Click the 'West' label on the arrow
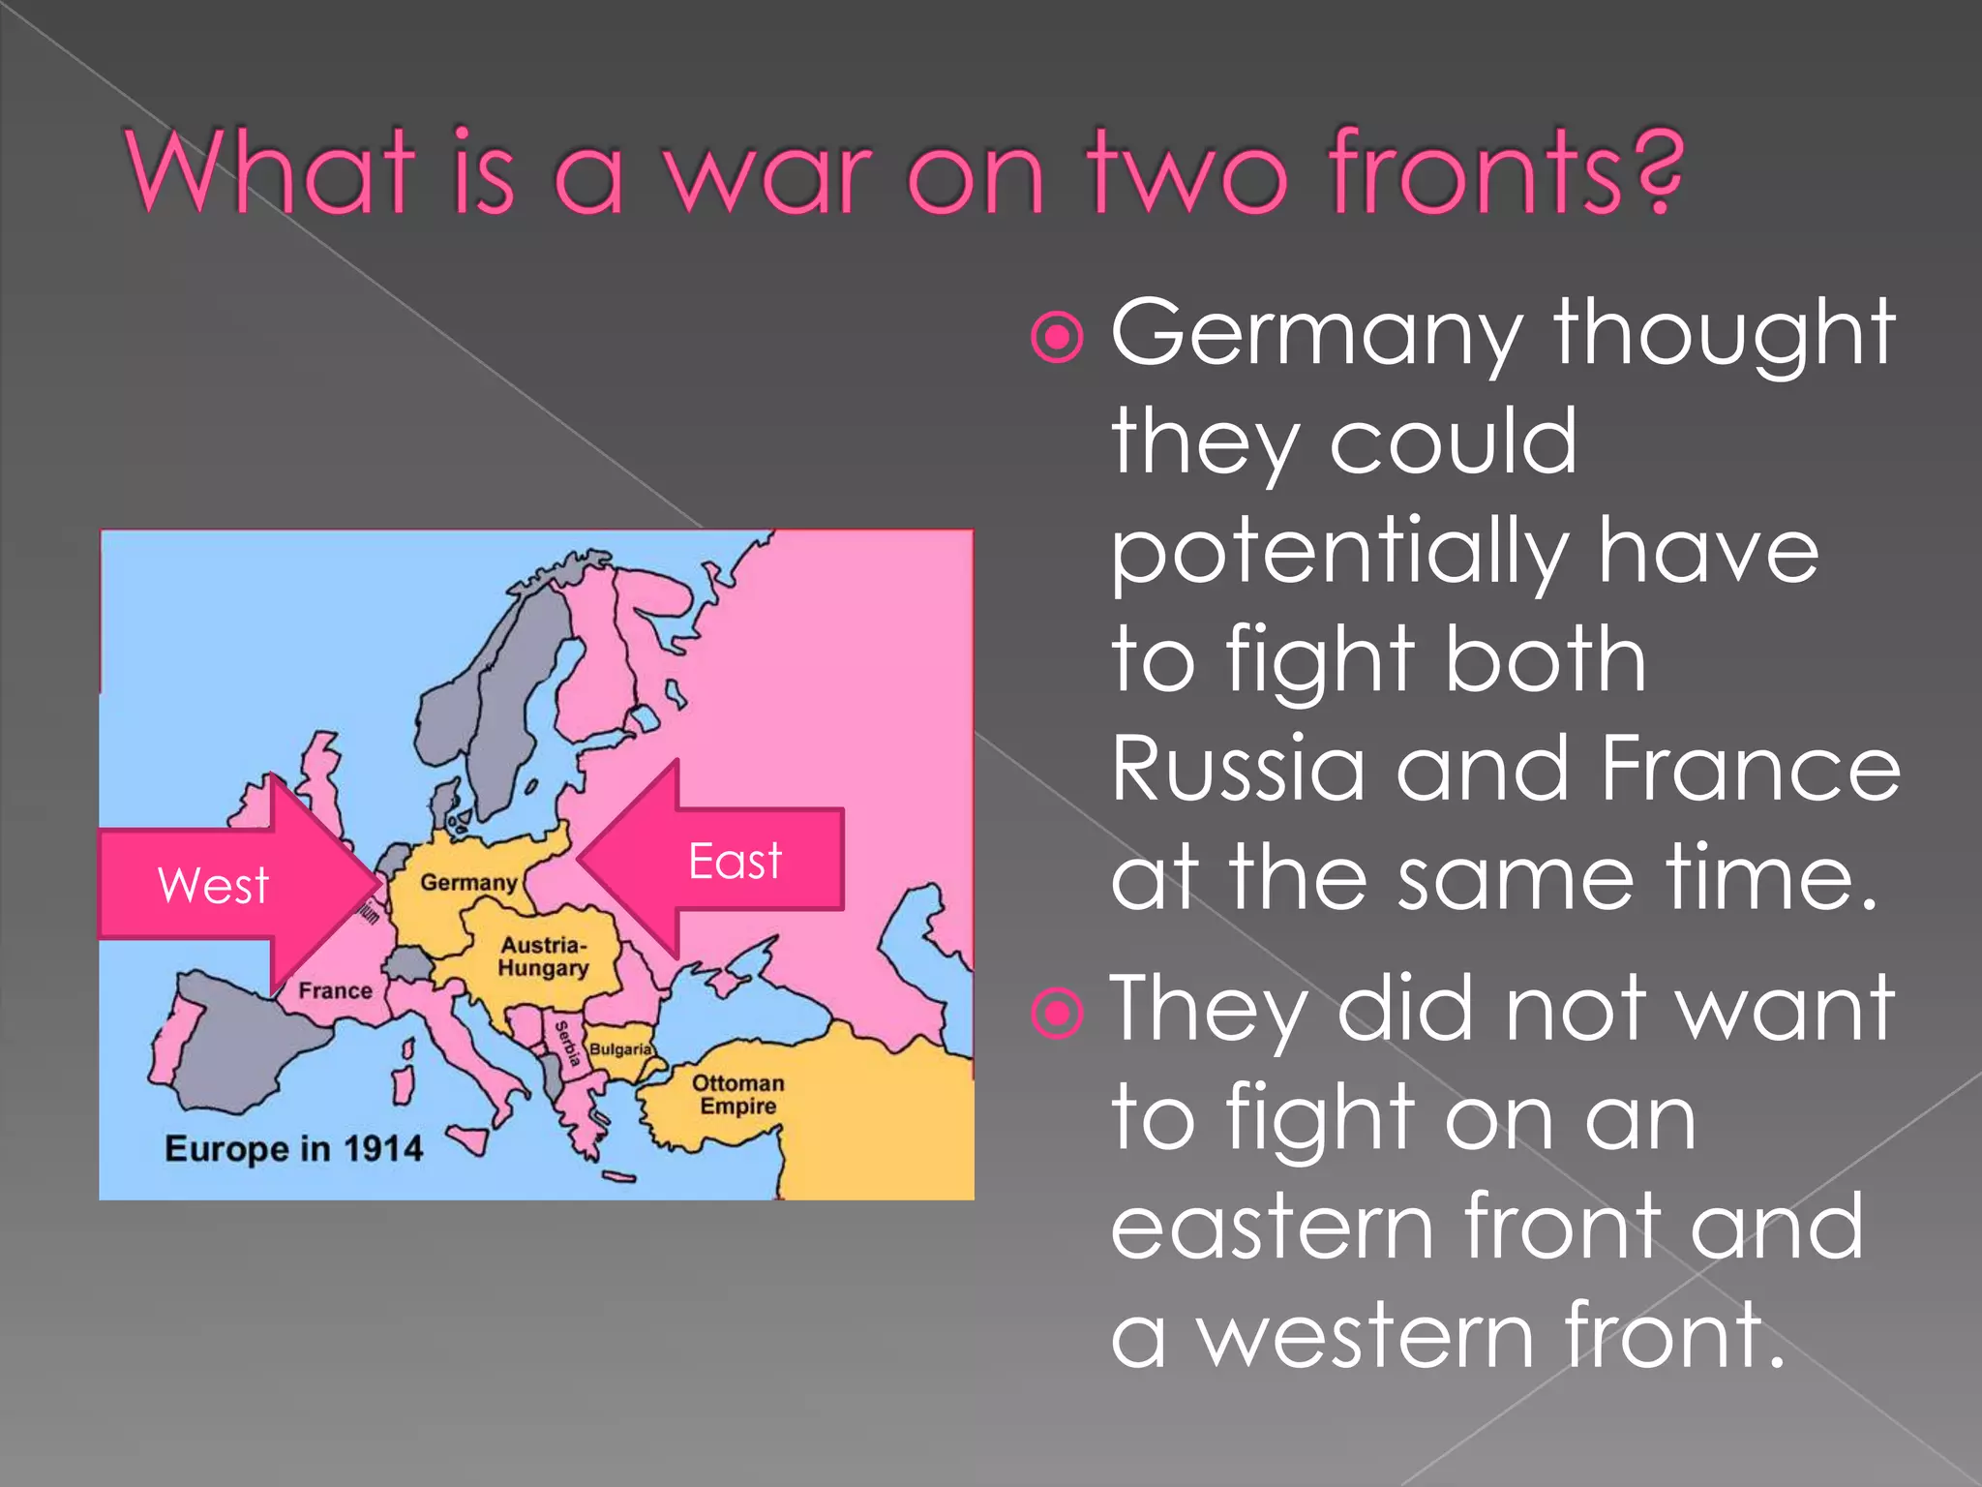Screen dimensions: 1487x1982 click(x=213, y=885)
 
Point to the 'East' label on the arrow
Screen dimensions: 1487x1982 click(x=735, y=861)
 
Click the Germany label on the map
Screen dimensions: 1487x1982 click(x=468, y=882)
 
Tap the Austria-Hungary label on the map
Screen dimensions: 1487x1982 click(x=543, y=956)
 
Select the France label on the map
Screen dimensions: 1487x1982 click(x=335, y=990)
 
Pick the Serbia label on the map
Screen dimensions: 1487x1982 click(x=568, y=1045)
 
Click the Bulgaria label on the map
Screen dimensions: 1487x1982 click(x=620, y=1049)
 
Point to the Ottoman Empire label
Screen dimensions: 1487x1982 click(x=738, y=1094)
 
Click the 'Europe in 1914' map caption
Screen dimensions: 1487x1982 click(x=294, y=1148)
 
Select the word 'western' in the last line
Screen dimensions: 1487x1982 click(x=1366, y=1336)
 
